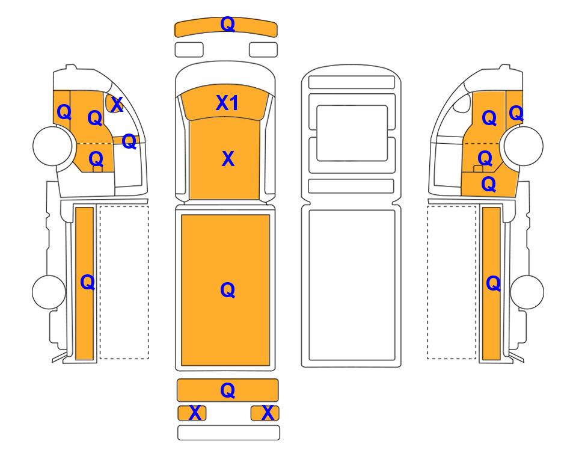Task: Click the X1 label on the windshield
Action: coord(227,103)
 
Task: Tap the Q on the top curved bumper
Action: coord(227,25)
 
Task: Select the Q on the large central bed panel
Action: coord(227,290)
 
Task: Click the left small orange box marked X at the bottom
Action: coord(192,413)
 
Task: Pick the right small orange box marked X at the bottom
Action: coord(265,413)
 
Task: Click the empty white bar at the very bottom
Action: coord(228,433)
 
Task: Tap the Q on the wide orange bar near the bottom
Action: coord(227,390)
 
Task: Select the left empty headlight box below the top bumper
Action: coord(189,50)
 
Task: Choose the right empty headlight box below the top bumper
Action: coord(263,50)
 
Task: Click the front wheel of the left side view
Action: coord(52,146)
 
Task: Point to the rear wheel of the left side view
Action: coord(49,292)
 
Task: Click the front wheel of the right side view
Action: coord(524,146)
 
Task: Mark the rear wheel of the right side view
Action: coord(527,292)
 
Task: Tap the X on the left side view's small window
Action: coord(117,105)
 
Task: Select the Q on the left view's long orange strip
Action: coord(88,283)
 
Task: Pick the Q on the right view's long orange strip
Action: coord(494,284)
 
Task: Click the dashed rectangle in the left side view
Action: coord(124,206)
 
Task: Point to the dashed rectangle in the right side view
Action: coord(452,206)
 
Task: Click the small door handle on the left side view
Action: coord(97,169)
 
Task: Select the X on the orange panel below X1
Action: coord(228,159)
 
